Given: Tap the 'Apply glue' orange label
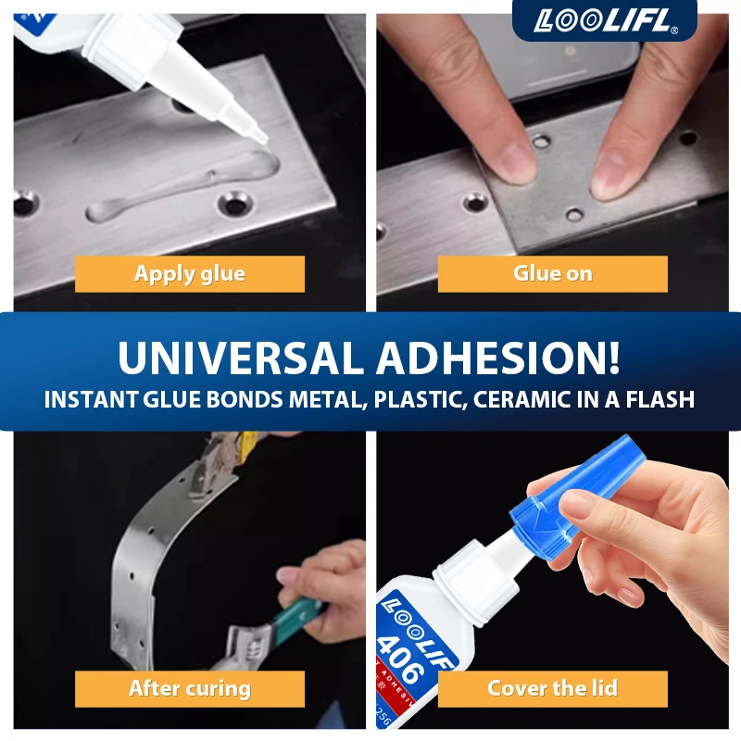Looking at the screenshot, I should click(x=190, y=274).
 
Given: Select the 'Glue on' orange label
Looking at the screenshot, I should click(x=552, y=274).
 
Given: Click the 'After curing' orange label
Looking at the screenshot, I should click(x=190, y=689).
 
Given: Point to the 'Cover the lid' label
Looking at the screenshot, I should click(x=552, y=689).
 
